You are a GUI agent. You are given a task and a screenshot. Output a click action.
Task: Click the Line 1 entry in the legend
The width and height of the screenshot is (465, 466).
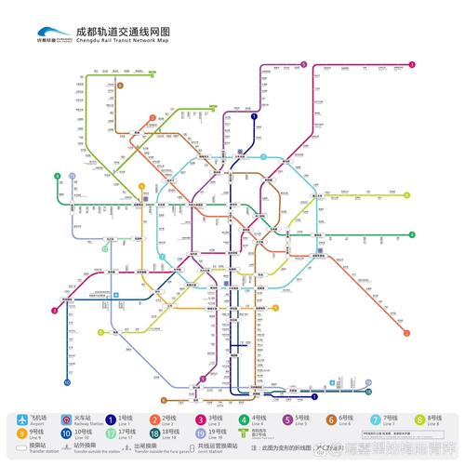tap(112, 420)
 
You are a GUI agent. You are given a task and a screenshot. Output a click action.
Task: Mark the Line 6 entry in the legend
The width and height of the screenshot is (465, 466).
tap(334, 420)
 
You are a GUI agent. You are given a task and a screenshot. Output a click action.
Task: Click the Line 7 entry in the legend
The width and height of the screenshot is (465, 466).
tap(379, 420)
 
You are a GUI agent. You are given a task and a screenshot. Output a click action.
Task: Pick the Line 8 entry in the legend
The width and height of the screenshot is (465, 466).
tap(423, 420)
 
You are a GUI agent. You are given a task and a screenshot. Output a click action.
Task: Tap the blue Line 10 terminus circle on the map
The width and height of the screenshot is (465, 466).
tap(67, 381)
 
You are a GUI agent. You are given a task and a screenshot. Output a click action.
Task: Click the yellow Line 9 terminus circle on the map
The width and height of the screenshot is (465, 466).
tap(58, 175)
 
